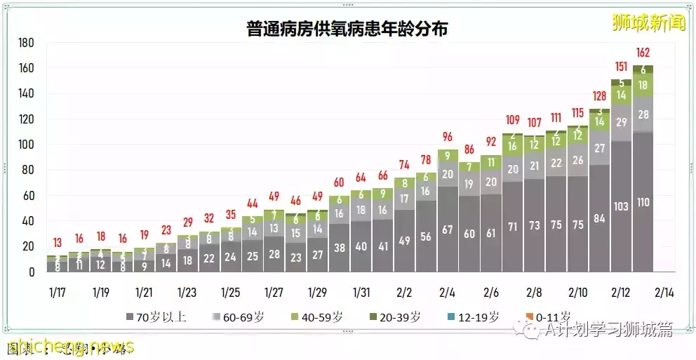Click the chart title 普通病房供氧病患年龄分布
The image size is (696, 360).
347,29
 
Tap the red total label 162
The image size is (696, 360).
643,53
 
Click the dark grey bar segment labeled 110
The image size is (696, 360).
643,203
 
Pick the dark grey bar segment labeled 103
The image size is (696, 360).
622,206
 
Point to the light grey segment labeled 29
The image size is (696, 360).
622,122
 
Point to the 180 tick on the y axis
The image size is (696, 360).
26,43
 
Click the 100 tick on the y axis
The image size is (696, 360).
26,145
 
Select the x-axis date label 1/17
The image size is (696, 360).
58,292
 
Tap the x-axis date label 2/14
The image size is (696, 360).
664,292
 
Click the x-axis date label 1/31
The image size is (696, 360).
361,292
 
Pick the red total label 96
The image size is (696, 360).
448,137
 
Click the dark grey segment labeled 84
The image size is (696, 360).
600,218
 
